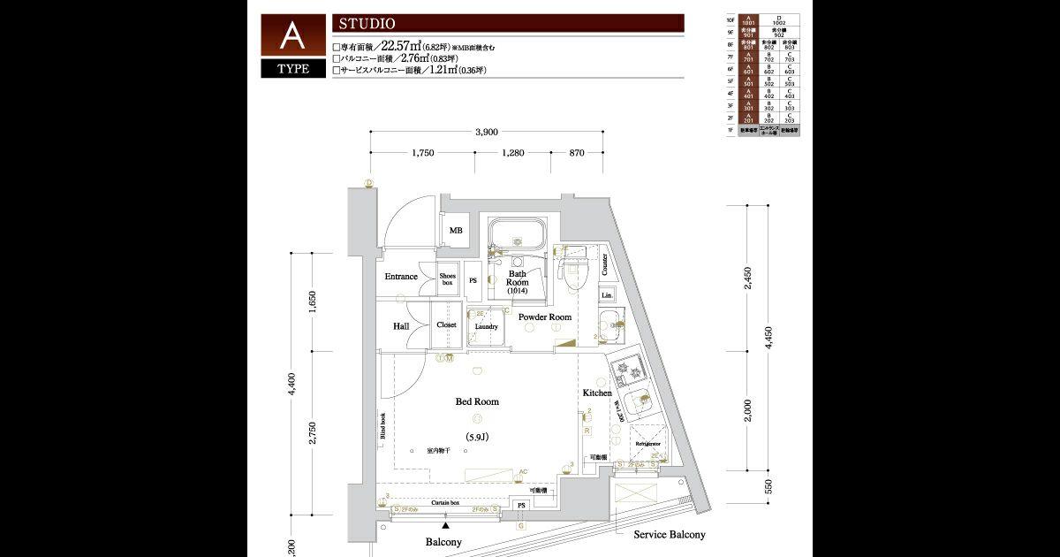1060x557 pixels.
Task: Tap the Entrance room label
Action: tap(400, 277)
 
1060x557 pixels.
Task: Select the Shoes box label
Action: tap(447, 278)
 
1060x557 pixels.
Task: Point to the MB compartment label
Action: tap(456, 231)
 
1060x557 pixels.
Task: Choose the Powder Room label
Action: tap(544, 317)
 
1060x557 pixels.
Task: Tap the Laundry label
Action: tap(486, 326)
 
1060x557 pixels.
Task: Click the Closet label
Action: tap(447, 324)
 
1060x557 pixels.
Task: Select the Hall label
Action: tap(400, 326)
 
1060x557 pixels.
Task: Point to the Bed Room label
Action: tap(477, 401)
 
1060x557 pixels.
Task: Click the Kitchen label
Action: tap(597, 393)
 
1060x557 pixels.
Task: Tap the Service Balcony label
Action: tap(670, 535)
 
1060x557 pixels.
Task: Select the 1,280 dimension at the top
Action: tap(512, 153)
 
